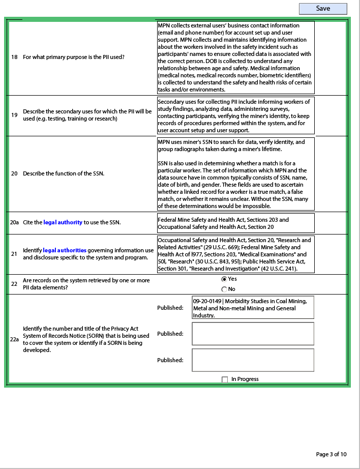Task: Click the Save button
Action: [x=323, y=9]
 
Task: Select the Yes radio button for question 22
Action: [x=224, y=279]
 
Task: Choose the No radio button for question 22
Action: [x=224, y=289]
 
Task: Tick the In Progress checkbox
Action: [x=225, y=379]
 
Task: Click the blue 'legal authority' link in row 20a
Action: [x=63, y=222]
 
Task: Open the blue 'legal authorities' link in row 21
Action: [x=65, y=250]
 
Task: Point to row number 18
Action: [x=15, y=57]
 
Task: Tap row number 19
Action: [x=15, y=115]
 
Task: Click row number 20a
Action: [x=15, y=222]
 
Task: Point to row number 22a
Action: [x=15, y=338]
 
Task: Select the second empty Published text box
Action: [x=253, y=334]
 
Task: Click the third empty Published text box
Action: [x=253, y=360]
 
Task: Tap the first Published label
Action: [x=170, y=308]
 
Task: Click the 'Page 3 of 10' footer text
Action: [x=331, y=454]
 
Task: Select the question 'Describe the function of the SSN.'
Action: [x=64, y=173]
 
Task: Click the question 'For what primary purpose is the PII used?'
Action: [x=74, y=57]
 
